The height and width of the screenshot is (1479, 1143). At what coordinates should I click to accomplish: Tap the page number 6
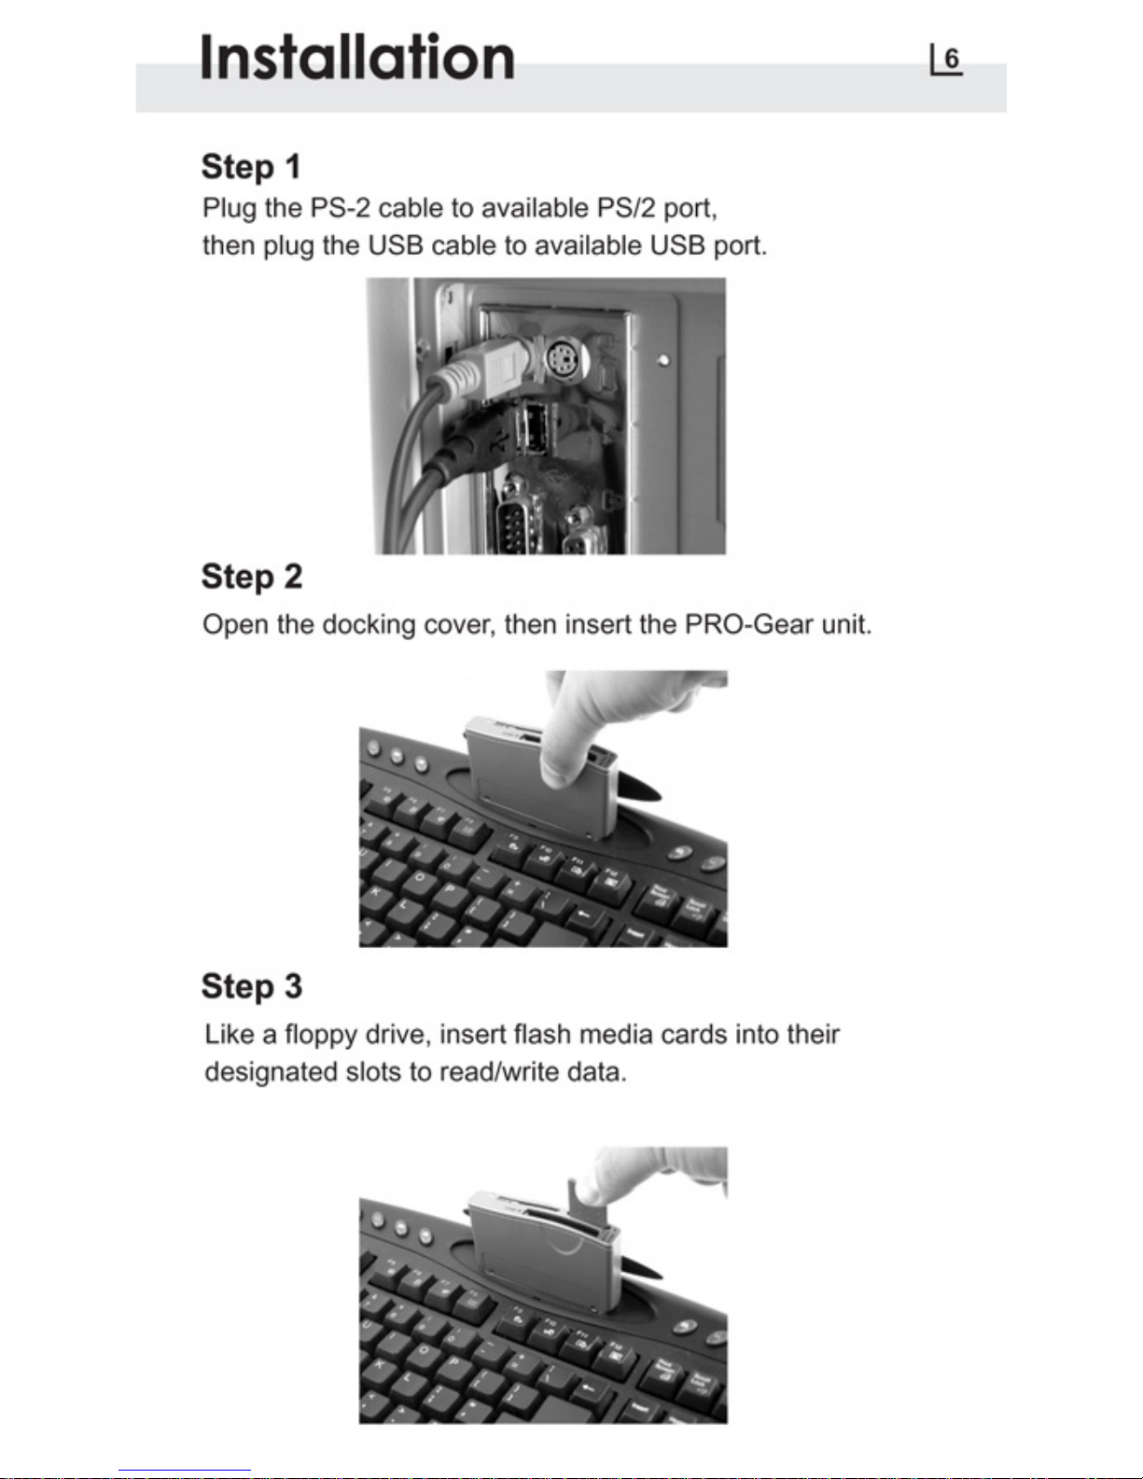click(x=952, y=59)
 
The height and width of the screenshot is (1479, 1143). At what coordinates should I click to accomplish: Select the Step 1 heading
click(x=251, y=167)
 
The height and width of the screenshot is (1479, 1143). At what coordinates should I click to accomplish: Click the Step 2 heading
click(x=252, y=578)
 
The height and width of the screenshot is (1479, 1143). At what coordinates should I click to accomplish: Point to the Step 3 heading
click(x=252, y=987)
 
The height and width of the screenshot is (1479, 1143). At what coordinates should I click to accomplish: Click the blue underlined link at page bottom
click(x=185, y=1471)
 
